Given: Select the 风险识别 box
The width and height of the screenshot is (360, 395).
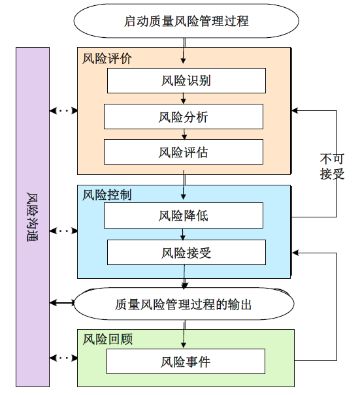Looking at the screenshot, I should (186, 81).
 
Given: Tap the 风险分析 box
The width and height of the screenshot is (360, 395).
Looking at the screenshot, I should (184, 117).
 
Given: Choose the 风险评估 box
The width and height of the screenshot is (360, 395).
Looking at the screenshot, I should (184, 152).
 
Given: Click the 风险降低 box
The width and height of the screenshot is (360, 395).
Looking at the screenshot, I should (184, 215).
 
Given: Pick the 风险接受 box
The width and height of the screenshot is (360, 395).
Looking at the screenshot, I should (186, 252).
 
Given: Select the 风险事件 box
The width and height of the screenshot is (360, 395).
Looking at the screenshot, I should (186, 361).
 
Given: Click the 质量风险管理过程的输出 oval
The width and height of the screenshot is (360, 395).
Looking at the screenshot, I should (183, 304).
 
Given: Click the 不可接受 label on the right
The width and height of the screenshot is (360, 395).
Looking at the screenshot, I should (332, 167).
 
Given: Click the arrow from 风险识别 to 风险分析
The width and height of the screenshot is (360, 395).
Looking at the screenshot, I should (184, 99).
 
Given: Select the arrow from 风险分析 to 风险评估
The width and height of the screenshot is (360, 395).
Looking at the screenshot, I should (184, 134).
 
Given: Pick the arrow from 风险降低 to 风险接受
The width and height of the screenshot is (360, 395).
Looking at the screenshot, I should (184, 234).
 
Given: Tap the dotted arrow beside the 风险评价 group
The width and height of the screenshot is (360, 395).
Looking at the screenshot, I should (63, 110).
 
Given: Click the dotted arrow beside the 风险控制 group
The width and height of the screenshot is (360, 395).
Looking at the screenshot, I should (63, 230).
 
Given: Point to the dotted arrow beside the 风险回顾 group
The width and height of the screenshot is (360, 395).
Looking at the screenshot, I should (63, 358).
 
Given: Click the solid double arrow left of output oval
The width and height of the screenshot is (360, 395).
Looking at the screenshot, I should (63, 303).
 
